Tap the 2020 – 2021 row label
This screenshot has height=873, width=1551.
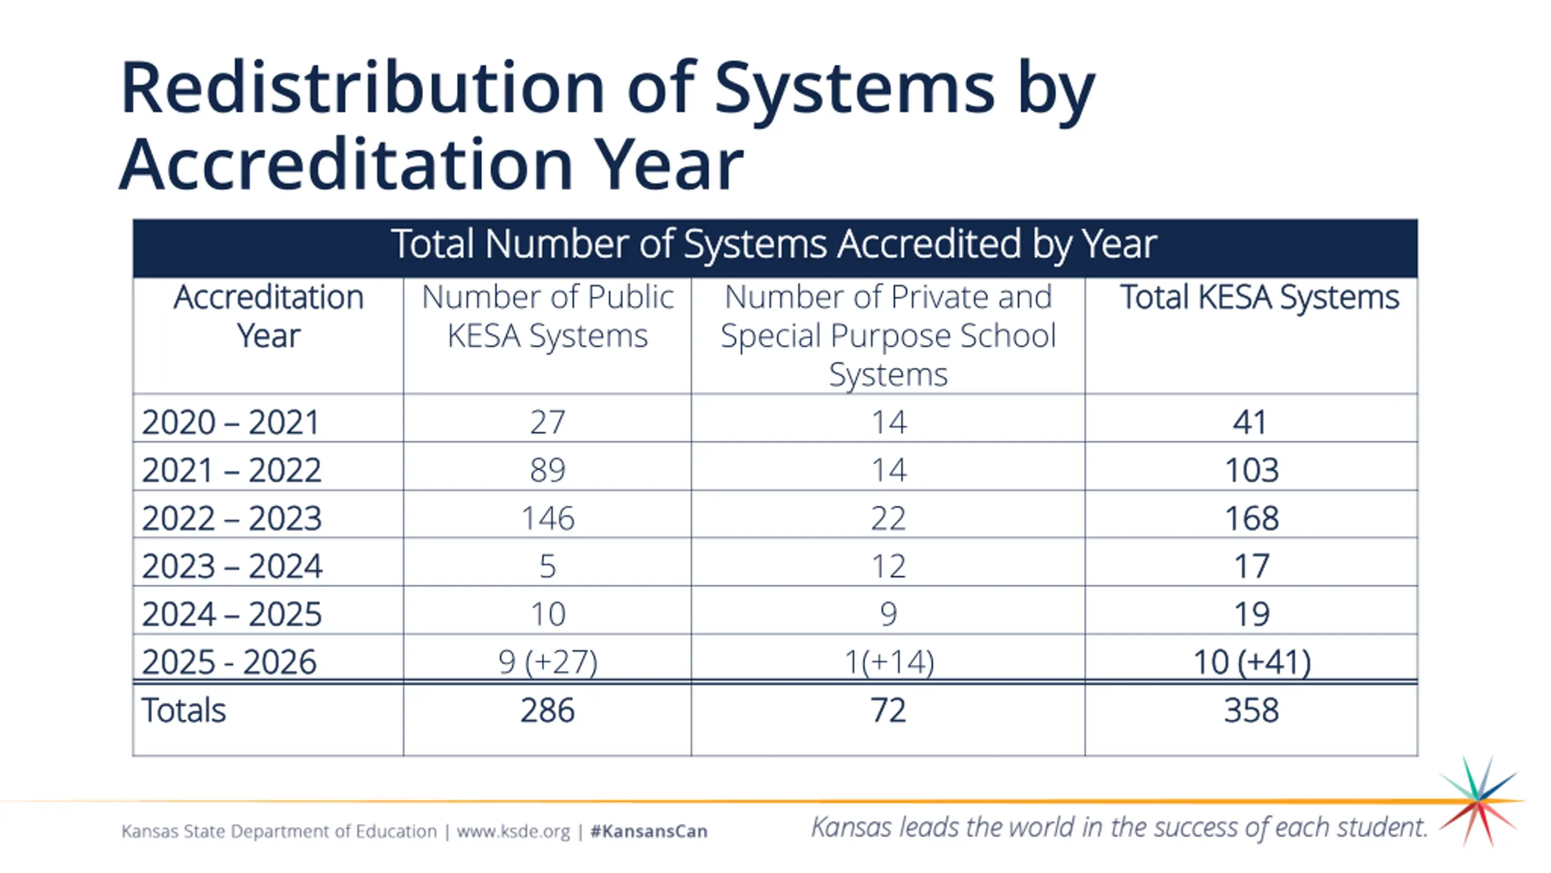pos(230,423)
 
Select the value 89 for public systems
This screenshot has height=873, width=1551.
pos(548,470)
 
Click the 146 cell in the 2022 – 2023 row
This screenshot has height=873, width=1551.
pos(548,518)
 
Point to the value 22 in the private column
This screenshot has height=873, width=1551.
pos(888,518)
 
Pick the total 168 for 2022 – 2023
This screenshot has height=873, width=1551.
pos(1252,518)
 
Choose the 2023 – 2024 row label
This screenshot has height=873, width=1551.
pos(232,566)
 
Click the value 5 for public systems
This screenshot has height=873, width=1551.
pos(548,566)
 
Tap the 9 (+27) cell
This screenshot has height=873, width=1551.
pos(548,661)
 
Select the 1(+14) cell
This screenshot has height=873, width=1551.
pos(889,661)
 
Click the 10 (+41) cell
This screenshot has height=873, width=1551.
pos(1252,661)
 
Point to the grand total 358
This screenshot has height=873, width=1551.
pos(1252,710)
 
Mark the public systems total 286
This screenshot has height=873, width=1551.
pos(548,710)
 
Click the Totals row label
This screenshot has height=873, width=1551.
pos(184,710)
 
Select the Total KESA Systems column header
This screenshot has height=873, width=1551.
pos(1260,298)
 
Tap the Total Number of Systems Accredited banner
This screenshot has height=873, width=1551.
pos(774,244)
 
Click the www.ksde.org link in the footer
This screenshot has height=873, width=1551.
pos(513,831)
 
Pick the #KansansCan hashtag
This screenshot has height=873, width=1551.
pos(649,831)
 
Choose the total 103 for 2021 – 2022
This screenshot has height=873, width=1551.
pos(1252,470)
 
